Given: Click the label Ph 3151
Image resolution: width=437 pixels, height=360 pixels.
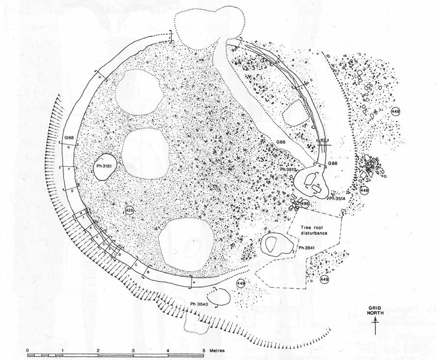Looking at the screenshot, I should click(103, 166).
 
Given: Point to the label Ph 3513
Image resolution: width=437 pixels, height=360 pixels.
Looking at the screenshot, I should click(289, 169).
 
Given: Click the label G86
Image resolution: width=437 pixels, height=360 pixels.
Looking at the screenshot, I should click(281, 141).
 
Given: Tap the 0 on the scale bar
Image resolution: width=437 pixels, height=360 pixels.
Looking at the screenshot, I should click(28, 350).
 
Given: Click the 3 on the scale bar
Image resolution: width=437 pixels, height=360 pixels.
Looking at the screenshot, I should click(133, 350).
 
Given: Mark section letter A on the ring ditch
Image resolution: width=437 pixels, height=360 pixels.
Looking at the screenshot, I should click(194, 282).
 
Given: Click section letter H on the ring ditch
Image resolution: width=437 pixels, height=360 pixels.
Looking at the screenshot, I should click(100, 78).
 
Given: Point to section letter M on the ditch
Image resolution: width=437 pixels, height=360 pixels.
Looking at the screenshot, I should click(322, 139).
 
